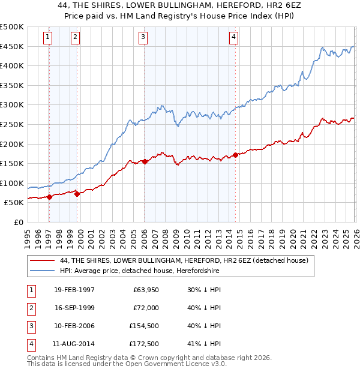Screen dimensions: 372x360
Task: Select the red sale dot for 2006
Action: [145, 161]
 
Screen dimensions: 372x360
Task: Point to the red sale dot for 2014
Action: [235, 155]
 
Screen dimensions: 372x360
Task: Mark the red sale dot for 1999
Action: [77, 193]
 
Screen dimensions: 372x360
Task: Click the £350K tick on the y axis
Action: [12, 86]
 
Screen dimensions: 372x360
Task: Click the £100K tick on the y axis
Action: [12, 184]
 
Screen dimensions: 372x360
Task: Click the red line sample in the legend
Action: [42, 261]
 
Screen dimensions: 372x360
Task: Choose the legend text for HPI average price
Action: [139, 271]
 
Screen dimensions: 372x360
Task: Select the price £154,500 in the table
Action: [144, 325]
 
